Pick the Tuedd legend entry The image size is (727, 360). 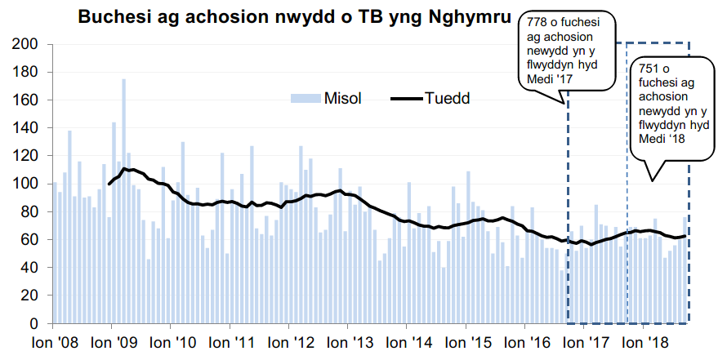click(x=447, y=98)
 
